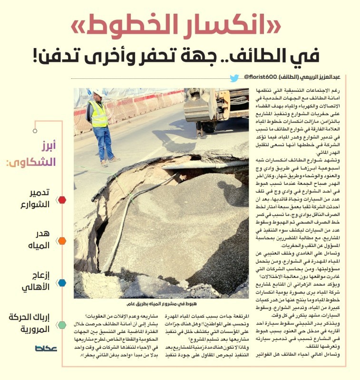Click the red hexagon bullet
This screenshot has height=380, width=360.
[x=62, y=200]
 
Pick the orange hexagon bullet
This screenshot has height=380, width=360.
[x=62, y=241]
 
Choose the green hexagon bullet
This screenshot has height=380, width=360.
[x=62, y=325]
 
